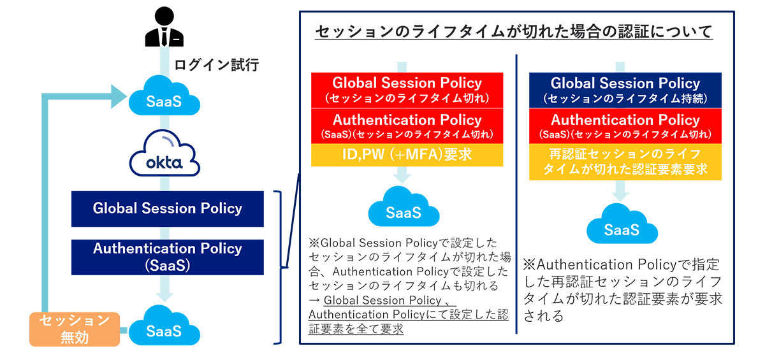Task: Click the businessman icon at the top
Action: click(164, 26)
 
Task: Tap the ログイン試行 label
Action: click(217, 65)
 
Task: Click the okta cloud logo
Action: click(164, 153)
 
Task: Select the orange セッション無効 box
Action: click(75, 329)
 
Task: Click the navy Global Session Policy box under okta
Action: click(167, 209)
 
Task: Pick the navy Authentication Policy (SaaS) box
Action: click(167, 257)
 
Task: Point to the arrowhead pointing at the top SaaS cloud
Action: click(119, 96)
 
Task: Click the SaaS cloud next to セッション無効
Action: click(164, 325)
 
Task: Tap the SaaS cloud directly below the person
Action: click(164, 96)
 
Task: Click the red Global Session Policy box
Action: click(407, 90)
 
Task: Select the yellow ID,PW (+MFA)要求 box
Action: click(407, 155)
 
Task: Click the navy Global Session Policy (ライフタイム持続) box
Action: click(625, 90)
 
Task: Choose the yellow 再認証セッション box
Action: click(625, 162)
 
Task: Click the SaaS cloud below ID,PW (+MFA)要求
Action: click(404, 206)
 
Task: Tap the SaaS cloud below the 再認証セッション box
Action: click(622, 224)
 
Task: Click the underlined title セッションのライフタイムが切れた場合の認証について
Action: click(514, 32)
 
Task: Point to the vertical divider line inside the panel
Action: click(516, 194)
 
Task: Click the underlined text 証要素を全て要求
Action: click(356, 329)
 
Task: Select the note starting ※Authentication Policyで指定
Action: click(622, 290)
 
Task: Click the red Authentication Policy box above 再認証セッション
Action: click(625, 126)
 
